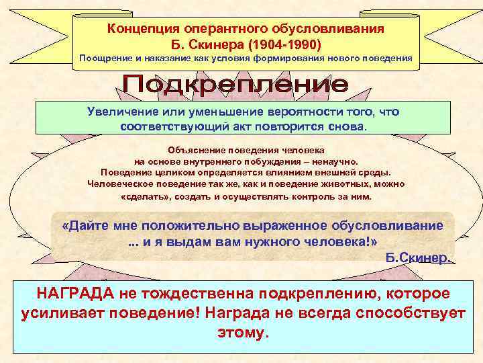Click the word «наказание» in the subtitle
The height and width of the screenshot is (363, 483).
pos(172,58)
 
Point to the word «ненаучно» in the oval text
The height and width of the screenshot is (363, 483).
pos(336,162)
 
